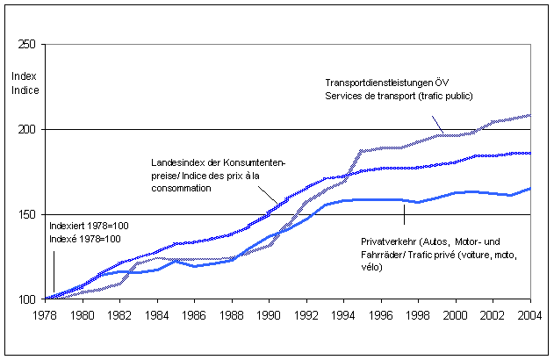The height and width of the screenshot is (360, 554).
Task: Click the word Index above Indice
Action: pyautogui.click(x=24, y=76)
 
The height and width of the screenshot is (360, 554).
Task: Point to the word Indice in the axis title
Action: pyautogui.click(x=24, y=89)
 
